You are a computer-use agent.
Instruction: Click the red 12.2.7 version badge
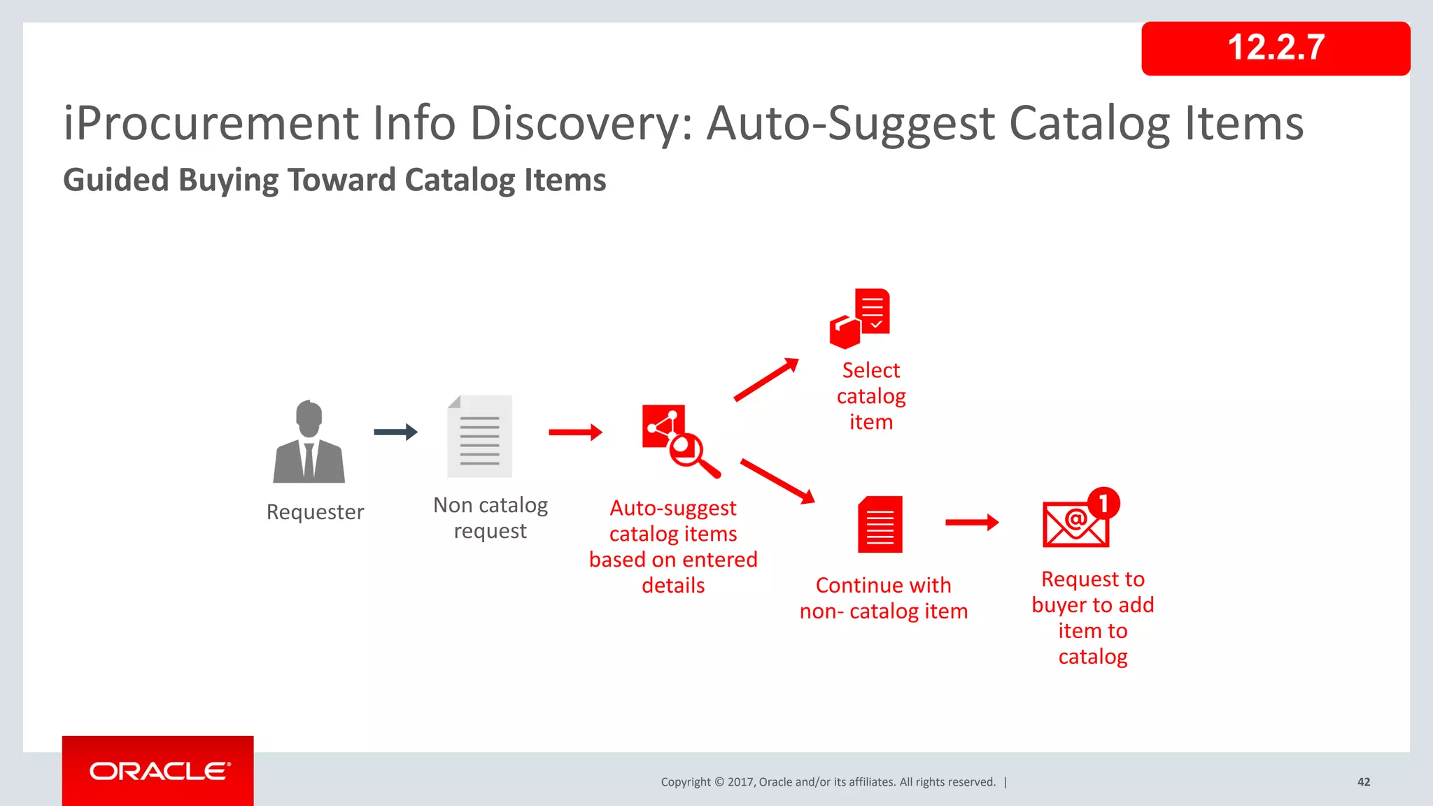coord(1275,48)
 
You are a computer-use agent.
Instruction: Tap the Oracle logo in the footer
coord(159,771)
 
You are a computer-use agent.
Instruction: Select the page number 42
coord(1363,782)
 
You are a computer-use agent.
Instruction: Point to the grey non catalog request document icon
coord(480,436)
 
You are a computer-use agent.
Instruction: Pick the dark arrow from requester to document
coord(395,432)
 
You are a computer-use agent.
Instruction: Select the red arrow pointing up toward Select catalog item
coord(766,379)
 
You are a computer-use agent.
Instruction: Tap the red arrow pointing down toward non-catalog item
coord(777,481)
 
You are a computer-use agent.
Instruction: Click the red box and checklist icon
coord(859,318)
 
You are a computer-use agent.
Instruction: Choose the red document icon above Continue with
coord(880,525)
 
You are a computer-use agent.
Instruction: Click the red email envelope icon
coord(1075,524)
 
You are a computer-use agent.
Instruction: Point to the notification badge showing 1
coord(1103,503)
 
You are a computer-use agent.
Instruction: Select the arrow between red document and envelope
coord(972,522)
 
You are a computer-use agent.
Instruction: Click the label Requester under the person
coord(315,512)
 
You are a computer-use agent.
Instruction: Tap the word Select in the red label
coord(870,370)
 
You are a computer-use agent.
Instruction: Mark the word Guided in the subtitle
coord(116,180)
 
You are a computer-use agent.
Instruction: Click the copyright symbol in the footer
coord(718,782)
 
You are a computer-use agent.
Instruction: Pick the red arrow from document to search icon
coord(575,432)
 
